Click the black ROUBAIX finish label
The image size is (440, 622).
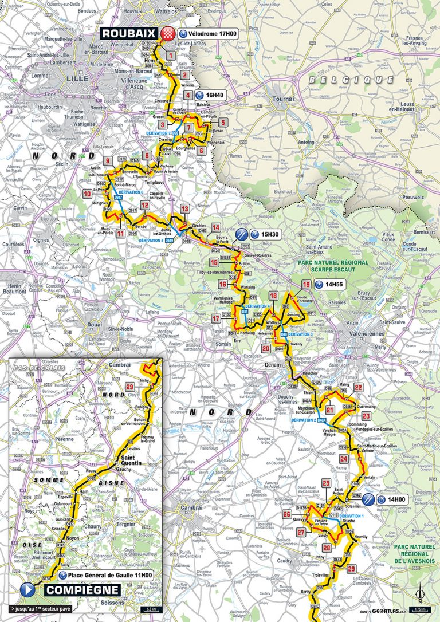131,33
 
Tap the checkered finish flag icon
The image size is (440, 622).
168,33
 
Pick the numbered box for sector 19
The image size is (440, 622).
307,284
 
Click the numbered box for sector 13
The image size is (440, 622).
184,208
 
